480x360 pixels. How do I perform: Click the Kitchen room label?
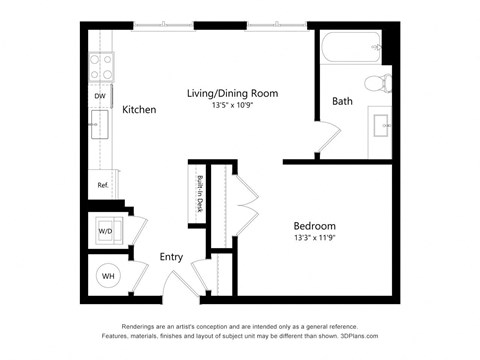coord(139,109)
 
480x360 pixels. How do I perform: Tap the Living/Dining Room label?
coord(232,93)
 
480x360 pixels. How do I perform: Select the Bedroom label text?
coord(314,225)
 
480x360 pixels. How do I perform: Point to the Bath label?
coord(343,101)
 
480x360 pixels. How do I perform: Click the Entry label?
coord(171,257)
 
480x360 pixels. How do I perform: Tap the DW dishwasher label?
coord(100,96)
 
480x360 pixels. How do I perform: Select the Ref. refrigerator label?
coord(102,185)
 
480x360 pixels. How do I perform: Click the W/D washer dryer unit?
coord(105,231)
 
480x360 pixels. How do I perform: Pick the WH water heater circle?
coord(107,276)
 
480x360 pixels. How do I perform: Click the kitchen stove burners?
coord(101,65)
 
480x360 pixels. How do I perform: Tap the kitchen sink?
coord(101,125)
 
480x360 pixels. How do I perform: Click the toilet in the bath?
coord(378,85)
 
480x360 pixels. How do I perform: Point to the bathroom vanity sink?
coord(379,125)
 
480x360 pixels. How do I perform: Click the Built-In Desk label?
coord(200,195)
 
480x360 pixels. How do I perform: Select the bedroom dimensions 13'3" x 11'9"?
coord(314,238)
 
